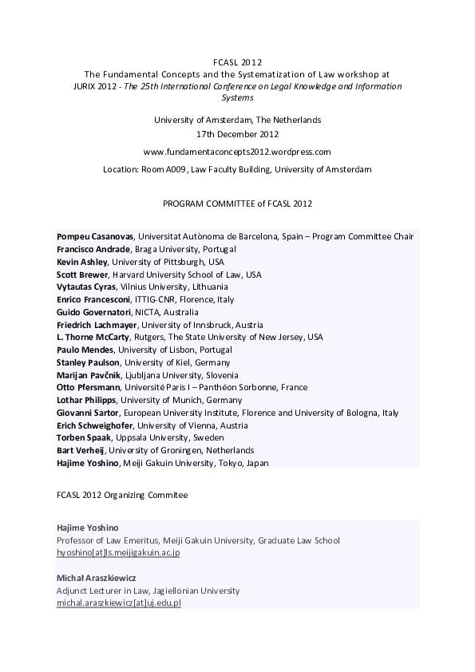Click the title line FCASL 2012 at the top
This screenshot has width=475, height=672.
(237, 61)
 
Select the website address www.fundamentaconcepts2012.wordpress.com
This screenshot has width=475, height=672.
(237, 152)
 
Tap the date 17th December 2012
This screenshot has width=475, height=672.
(237, 134)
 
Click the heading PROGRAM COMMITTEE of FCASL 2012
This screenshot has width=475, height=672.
(237, 204)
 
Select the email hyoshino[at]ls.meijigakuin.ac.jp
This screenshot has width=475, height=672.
(118, 552)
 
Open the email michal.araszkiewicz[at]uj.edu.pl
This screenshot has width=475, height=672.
(119, 603)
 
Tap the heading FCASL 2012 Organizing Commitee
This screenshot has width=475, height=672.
(122, 495)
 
